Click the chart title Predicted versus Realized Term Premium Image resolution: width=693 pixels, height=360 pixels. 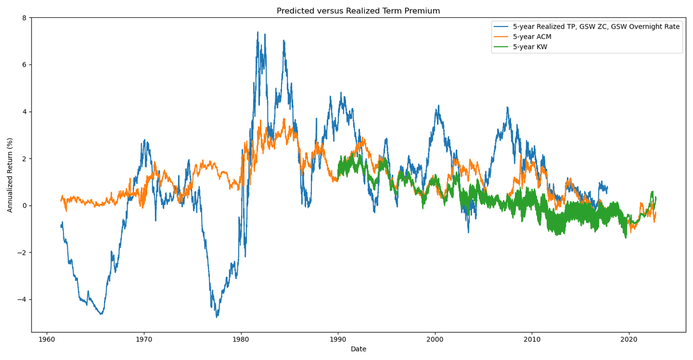pyautogui.click(x=358, y=11)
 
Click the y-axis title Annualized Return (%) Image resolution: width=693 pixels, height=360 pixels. pyautogui.click(x=10, y=175)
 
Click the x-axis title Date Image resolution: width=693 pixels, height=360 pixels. pyautogui.click(x=358, y=349)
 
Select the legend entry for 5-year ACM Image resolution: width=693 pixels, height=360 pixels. pyautogui.click(x=532, y=37)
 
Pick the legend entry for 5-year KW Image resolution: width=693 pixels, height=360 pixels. pyautogui.click(x=530, y=47)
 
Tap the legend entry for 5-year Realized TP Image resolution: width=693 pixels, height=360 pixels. pyautogui.click(x=596, y=27)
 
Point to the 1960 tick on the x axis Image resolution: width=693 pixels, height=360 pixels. pyautogui.click(x=47, y=339)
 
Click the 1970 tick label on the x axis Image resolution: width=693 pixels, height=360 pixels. pyautogui.click(x=144, y=339)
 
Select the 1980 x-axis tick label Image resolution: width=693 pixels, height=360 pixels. pyautogui.click(x=241, y=339)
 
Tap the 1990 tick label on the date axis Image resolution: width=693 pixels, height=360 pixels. pyautogui.click(x=338, y=339)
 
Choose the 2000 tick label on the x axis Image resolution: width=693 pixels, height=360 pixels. pyautogui.click(x=435, y=339)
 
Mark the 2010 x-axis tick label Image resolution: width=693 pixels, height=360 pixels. pyautogui.click(x=532, y=339)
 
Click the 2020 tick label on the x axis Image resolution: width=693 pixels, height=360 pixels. pyautogui.click(x=629, y=339)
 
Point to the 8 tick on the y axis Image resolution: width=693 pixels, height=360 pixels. pyautogui.click(x=24, y=18)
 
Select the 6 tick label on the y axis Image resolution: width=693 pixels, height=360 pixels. pyautogui.click(x=24, y=65)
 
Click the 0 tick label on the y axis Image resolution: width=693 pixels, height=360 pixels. pyautogui.click(x=24, y=206)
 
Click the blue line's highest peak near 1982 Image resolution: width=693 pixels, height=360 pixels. pyautogui.click(x=258, y=32)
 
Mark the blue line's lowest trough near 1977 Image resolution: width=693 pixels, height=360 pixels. pyautogui.click(x=217, y=317)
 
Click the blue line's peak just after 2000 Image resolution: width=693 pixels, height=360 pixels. pyautogui.click(x=439, y=106)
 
